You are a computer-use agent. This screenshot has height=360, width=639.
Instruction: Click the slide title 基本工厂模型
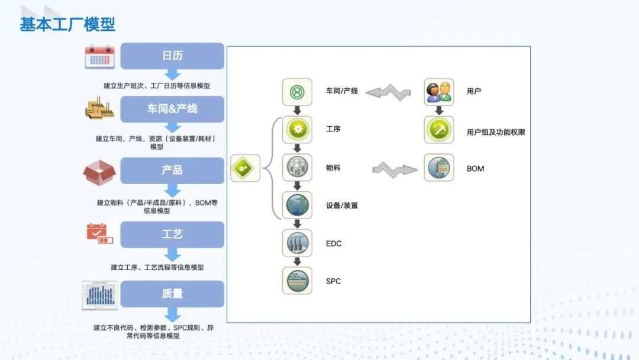pos(67,24)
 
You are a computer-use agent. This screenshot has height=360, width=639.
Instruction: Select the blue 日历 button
pos(172,56)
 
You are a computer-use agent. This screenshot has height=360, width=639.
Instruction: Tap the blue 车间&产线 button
pos(172,109)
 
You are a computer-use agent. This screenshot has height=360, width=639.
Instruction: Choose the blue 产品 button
pos(172,170)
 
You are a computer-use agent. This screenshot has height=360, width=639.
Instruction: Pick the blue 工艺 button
pos(172,234)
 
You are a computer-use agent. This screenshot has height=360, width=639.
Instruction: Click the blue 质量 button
pos(172,294)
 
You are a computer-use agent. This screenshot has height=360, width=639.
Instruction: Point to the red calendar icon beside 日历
pos(99,57)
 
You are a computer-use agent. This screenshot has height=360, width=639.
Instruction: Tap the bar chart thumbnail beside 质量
pos(99,295)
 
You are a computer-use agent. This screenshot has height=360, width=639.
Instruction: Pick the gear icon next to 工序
pos(297,130)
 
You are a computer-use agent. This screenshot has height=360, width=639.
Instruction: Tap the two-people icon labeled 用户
pos(439,92)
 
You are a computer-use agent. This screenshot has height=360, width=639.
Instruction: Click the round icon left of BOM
pos(439,168)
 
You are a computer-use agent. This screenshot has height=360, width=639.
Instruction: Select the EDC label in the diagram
pos(334,244)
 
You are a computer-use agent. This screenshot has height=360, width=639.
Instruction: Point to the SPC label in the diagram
pos(334,281)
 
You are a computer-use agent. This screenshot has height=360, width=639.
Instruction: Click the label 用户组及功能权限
pos(496,133)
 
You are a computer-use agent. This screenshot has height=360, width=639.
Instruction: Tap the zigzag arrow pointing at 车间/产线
pos(388,92)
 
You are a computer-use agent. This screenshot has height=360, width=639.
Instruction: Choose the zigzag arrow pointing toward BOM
pos(395,169)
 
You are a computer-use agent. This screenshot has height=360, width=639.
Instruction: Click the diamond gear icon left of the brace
pos(245,169)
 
